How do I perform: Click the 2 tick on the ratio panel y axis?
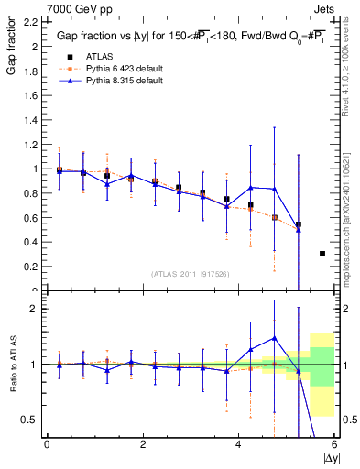[x=37, y=309]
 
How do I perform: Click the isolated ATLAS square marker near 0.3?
[x=322, y=254]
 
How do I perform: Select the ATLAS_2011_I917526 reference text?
[x=190, y=274]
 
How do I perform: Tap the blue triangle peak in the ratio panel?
[x=274, y=338]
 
